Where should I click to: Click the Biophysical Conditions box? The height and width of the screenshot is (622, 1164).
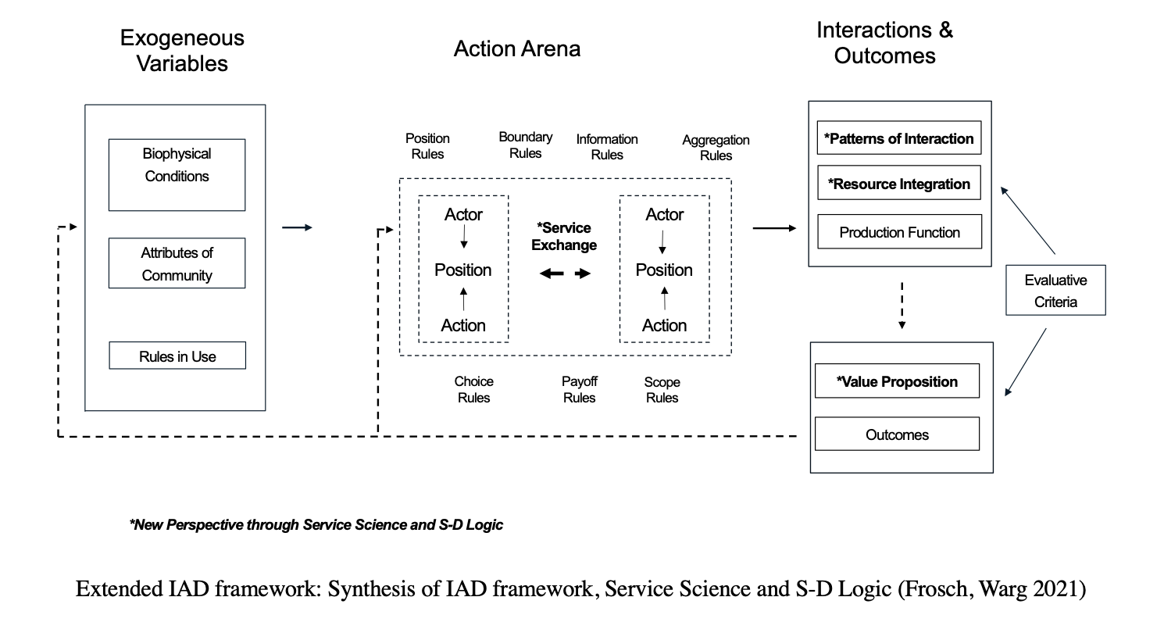click(177, 174)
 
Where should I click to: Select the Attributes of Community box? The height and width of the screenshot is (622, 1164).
click(177, 263)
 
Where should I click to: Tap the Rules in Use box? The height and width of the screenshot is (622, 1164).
click(177, 356)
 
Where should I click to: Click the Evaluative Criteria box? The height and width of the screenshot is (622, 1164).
click(1055, 291)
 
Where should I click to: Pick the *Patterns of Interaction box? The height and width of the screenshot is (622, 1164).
click(898, 138)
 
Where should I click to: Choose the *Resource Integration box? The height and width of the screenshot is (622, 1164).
click(898, 184)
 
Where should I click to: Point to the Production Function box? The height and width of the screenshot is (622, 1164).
click(898, 232)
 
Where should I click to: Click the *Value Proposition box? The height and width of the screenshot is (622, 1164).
click(896, 381)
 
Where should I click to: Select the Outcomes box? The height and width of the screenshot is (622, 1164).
click(896, 434)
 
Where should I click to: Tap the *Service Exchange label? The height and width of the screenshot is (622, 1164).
click(564, 236)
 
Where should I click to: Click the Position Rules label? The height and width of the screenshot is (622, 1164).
click(427, 146)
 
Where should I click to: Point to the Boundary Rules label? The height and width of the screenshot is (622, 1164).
click(525, 145)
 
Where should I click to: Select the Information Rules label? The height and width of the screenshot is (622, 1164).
click(607, 147)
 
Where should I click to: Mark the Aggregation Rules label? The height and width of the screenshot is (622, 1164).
click(716, 148)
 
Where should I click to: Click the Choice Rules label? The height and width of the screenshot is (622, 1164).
click(473, 389)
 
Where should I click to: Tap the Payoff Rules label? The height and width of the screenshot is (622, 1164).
click(579, 389)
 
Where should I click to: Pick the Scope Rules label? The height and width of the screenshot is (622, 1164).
click(662, 390)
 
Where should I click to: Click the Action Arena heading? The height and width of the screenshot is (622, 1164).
click(516, 49)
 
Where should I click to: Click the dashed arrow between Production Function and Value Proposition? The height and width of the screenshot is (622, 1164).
click(902, 305)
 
